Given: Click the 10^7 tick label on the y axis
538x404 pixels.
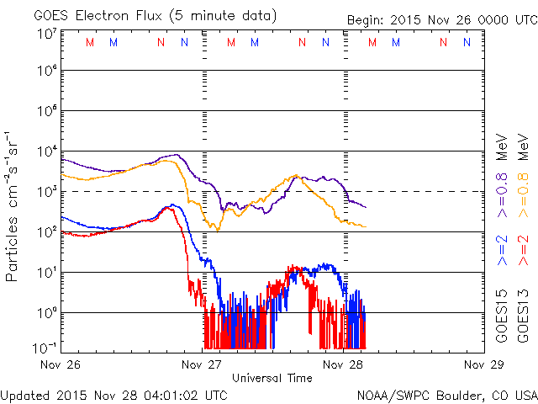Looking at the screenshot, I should coord(45,33).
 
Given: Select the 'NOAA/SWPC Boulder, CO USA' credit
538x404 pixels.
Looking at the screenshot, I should coord(446,394).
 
